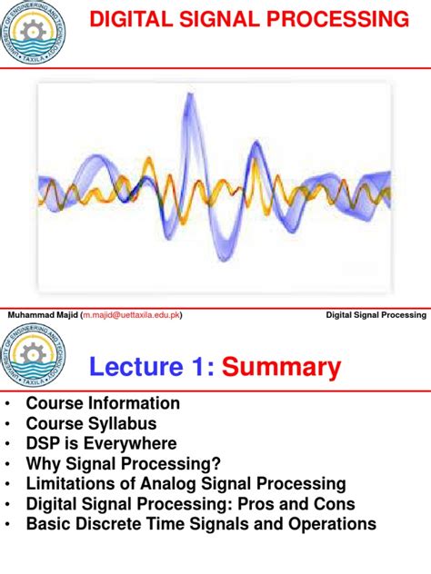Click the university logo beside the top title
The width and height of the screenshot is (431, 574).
(x=35, y=34)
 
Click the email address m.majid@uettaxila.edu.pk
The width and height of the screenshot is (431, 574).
(x=131, y=315)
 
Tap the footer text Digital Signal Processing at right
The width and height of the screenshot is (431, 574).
(x=376, y=315)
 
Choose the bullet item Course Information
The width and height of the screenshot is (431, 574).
(x=103, y=403)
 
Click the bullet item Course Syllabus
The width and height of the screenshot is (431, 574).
(x=91, y=423)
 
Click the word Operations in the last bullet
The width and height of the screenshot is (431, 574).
(x=329, y=524)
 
